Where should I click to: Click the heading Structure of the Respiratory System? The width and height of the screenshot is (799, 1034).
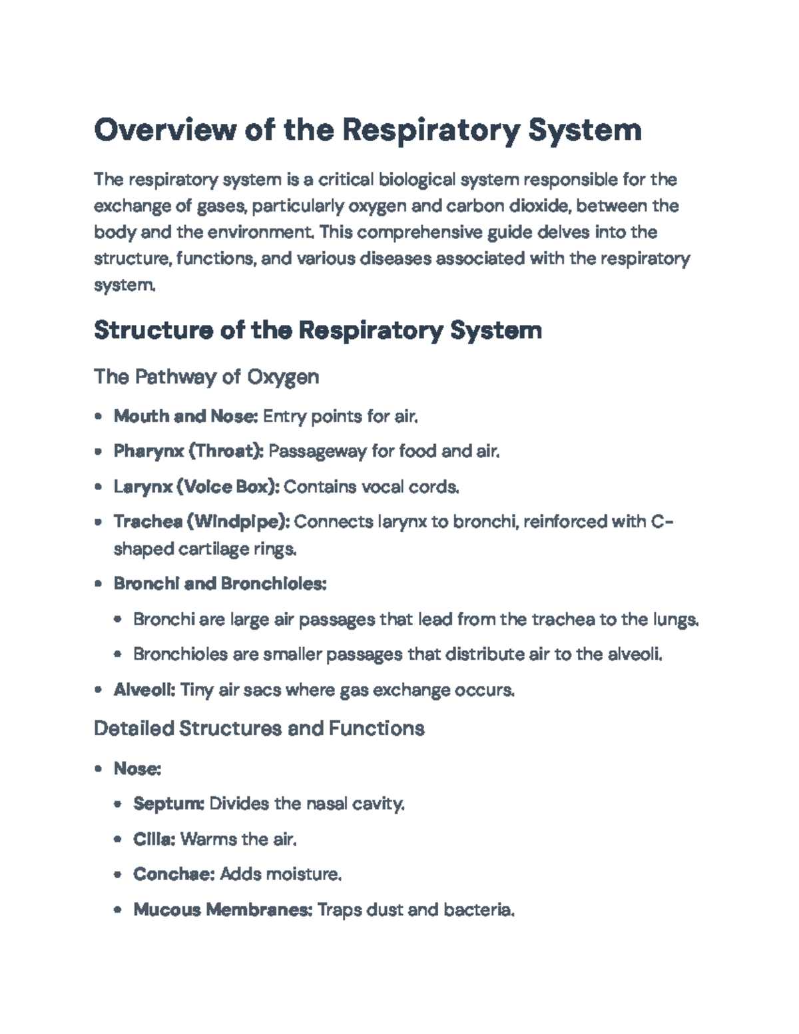pyautogui.click(x=318, y=330)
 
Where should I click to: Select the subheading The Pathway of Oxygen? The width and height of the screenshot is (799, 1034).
pyautogui.click(x=206, y=377)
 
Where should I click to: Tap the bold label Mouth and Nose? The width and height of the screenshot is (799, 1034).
pyautogui.click(x=185, y=417)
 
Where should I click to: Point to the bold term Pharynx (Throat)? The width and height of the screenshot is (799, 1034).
pyautogui.click(x=188, y=451)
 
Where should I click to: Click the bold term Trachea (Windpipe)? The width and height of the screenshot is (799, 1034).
pyautogui.click(x=201, y=521)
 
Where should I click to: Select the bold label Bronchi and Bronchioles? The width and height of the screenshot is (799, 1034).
pyautogui.click(x=220, y=584)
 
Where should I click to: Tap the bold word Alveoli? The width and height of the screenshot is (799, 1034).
pyautogui.click(x=144, y=690)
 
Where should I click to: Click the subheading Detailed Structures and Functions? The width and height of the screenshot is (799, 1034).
pyautogui.click(x=259, y=728)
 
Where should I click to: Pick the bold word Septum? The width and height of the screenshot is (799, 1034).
pyautogui.click(x=168, y=804)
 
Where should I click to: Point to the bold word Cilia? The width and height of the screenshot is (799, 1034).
pyautogui.click(x=154, y=839)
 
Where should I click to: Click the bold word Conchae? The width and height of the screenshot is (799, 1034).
pyautogui.click(x=173, y=874)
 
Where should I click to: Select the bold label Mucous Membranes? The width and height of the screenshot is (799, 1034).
pyautogui.click(x=222, y=909)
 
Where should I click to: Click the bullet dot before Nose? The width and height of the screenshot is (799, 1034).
pyautogui.click(x=99, y=769)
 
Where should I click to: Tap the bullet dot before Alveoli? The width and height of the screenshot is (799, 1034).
pyautogui.click(x=99, y=690)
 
